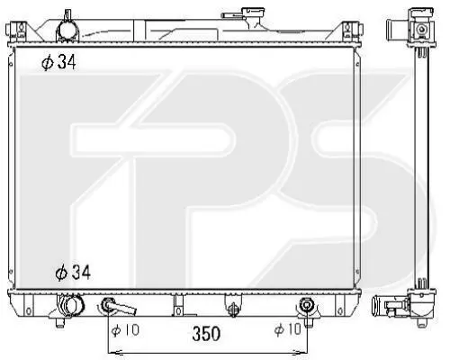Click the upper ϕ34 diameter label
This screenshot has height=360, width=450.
point(58,62)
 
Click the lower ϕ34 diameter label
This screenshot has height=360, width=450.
point(73,273)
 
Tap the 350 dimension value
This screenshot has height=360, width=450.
point(206,334)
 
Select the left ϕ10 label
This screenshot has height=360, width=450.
point(125,330)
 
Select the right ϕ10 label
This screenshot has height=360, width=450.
point(287,329)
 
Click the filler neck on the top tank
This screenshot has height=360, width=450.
point(255,17)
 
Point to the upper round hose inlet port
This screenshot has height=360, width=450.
point(67,31)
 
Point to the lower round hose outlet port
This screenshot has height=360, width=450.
point(72,305)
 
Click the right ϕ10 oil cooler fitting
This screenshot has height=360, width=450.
point(306,305)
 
